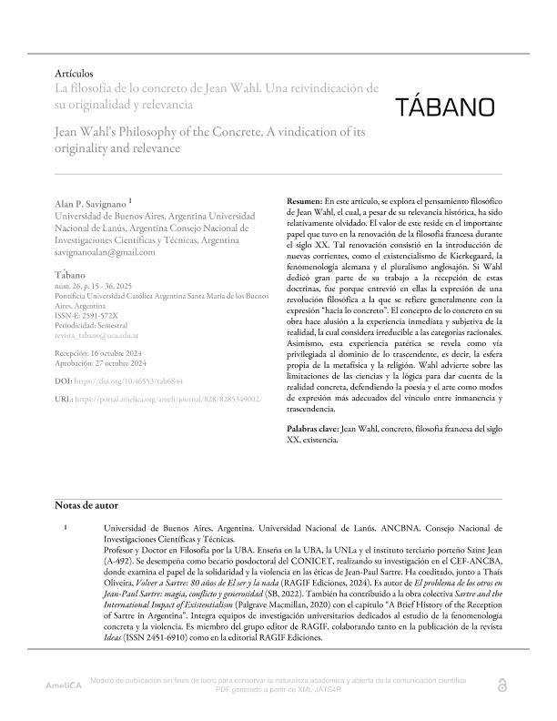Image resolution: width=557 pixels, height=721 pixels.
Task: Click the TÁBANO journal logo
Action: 445,107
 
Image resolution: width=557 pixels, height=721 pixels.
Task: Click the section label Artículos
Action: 76,73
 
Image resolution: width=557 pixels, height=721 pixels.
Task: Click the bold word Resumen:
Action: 305,198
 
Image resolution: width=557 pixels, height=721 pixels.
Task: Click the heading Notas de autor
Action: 86,505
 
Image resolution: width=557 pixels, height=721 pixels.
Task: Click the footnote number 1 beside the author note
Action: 65,527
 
